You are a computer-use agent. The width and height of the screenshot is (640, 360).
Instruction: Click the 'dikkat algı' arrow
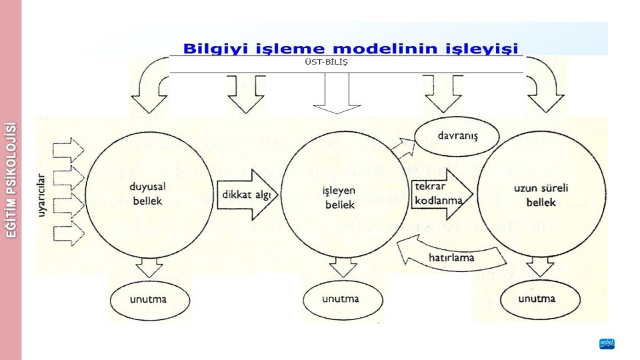(x=245, y=194)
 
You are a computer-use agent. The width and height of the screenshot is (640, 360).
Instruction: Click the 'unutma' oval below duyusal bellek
(x=148, y=299)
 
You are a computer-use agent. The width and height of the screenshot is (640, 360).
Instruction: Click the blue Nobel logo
(x=606, y=344)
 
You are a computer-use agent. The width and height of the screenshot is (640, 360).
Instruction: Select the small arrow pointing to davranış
(x=402, y=147)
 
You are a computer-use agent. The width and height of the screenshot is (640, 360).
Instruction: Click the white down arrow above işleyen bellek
(x=336, y=93)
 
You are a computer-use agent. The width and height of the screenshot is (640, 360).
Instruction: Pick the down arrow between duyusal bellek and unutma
(x=147, y=268)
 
